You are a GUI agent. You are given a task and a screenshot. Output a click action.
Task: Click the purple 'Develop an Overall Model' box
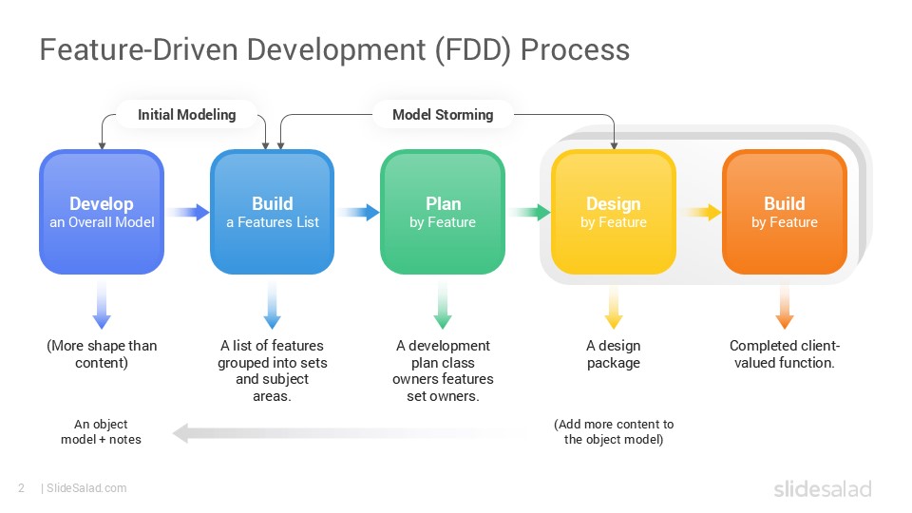[x=102, y=213]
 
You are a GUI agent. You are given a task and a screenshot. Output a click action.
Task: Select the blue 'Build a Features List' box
[x=272, y=213]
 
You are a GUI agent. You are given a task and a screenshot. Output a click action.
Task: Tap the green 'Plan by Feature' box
[x=443, y=213]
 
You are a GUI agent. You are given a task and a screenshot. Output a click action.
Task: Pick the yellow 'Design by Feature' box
[x=614, y=213]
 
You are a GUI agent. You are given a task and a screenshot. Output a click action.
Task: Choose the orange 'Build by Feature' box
[x=784, y=213]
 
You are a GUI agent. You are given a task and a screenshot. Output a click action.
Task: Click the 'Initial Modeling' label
[x=186, y=115]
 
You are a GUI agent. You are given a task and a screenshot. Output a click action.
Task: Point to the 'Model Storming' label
[x=443, y=115]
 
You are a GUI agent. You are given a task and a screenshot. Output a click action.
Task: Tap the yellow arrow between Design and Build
[x=701, y=213]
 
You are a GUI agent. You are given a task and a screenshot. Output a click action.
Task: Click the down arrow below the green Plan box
[x=443, y=308]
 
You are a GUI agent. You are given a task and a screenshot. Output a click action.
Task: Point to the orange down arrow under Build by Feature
[x=784, y=308]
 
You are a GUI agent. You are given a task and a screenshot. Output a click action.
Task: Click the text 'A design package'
[x=614, y=354]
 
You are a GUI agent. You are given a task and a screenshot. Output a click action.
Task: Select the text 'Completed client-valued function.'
[x=784, y=354]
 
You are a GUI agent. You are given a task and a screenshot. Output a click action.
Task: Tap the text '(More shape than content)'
[x=102, y=354]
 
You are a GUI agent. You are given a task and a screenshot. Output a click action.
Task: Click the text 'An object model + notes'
[x=102, y=432]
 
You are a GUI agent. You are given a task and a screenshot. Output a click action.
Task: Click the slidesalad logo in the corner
[x=821, y=489]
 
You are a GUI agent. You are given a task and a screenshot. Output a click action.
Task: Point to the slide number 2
[x=21, y=488]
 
